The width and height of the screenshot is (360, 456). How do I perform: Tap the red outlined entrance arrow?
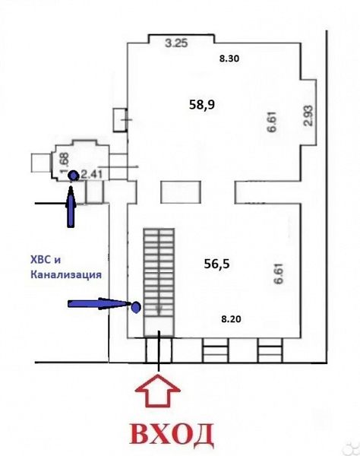[x=159, y=391]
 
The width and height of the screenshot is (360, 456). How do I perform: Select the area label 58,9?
[x=202, y=105]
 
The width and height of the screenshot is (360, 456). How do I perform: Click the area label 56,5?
[x=216, y=264]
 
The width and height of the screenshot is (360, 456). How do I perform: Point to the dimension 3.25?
[x=177, y=43]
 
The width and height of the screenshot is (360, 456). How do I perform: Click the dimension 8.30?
[x=229, y=59]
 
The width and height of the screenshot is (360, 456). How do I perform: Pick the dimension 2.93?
[x=309, y=116]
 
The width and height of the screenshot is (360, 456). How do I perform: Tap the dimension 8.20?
[x=231, y=319]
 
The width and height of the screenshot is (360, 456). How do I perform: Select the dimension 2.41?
[x=91, y=175]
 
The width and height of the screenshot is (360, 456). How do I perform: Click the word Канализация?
[x=66, y=274]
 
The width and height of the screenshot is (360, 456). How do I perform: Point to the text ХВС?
[x=42, y=259]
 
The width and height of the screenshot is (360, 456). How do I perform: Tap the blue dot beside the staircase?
[x=136, y=307]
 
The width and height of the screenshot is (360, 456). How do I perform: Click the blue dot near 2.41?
[x=73, y=176]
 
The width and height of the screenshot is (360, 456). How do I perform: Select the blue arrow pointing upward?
[x=71, y=207]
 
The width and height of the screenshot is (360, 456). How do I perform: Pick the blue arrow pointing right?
[x=99, y=304]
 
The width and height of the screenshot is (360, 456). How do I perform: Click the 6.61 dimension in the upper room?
[x=273, y=122]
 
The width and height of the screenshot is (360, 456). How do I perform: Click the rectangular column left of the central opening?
[x=181, y=192]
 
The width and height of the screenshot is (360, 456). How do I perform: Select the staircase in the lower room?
[x=159, y=283]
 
